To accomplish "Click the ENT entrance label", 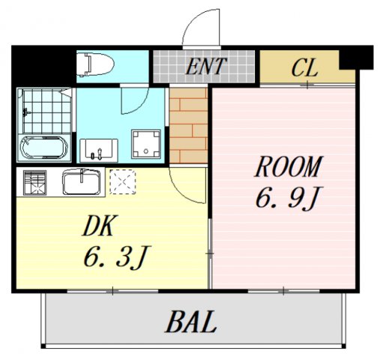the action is [206, 66].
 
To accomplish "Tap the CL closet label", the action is [305, 67].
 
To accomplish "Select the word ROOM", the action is [289, 166].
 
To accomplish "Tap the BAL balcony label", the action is [191, 322].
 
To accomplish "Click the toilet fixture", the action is [95, 64].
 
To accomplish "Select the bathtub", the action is [44, 148].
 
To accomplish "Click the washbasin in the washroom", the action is [99, 151].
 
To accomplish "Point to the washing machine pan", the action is [146, 144].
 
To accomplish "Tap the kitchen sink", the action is [82, 181].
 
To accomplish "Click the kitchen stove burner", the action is [35, 182].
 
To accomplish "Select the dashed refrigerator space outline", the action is [123, 181].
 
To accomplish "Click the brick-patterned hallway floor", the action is [188, 125].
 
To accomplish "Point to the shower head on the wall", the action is [25, 112].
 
